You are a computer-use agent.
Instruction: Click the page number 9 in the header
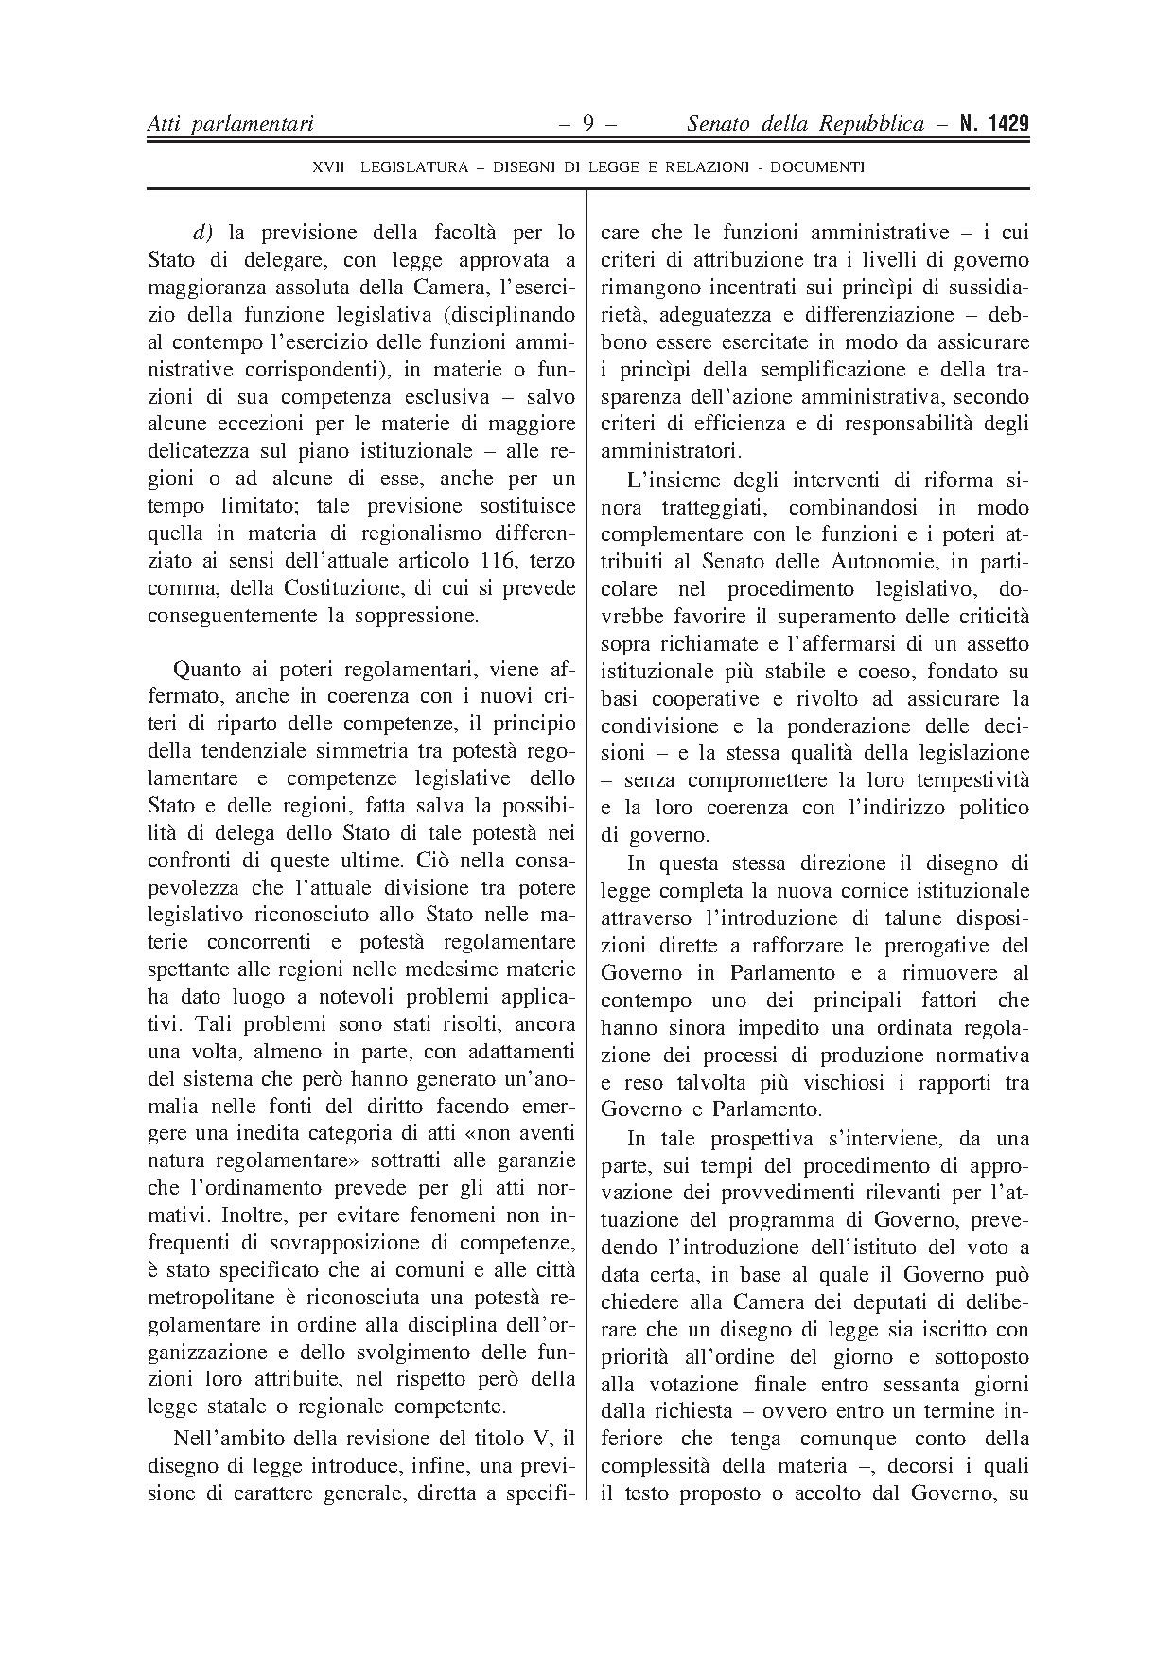tap(586, 124)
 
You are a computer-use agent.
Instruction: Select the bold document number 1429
tap(1006, 124)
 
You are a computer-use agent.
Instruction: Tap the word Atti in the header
tap(165, 124)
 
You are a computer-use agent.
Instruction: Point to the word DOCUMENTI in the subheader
tap(817, 167)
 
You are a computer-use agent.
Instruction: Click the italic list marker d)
tap(201, 233)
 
